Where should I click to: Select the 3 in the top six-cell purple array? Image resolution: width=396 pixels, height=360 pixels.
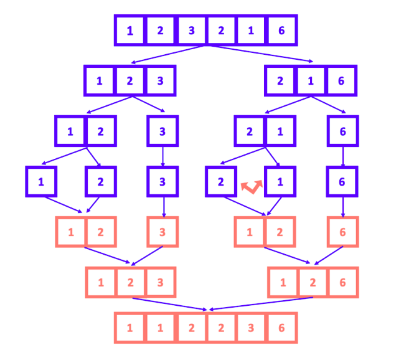(x=191, y=31)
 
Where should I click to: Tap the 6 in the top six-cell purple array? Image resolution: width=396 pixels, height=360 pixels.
(x=281, y=31)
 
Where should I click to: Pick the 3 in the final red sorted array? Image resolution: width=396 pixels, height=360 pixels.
(x=251, y=328)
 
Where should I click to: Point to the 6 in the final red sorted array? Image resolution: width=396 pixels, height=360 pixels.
(x=281, y=328)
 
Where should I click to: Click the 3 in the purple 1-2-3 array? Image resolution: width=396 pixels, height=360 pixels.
(x=160, y=80)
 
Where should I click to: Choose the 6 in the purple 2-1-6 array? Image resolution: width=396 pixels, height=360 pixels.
(x=342, y=80)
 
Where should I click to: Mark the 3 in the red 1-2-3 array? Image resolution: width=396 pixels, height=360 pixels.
(x=160, y=282)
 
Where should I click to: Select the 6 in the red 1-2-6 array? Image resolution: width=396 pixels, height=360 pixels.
(x=342, y=282)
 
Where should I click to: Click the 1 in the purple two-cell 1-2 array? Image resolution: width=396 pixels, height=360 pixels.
(x=70, y=131)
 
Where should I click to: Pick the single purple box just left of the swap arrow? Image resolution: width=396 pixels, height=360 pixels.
(x=221, y=182)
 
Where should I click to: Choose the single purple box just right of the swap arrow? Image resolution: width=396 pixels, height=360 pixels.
(x=280, y=182)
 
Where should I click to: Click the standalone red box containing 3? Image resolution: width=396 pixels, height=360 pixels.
(x=163, y=232)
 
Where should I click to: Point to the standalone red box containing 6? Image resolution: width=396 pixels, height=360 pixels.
(x=343, y=232)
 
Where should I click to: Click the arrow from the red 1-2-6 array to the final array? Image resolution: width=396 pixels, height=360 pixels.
(x=262, y=303)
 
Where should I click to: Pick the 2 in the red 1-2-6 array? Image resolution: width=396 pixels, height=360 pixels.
(x=312, y=282)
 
